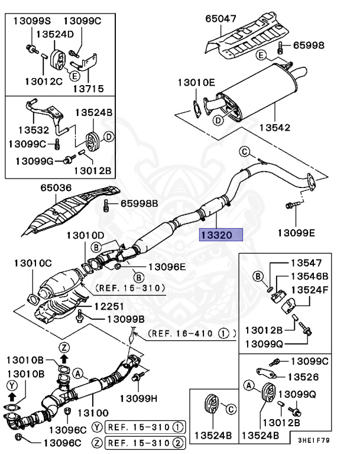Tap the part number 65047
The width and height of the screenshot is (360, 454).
pos(220,18)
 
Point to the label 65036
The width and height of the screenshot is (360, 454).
pos(56,188)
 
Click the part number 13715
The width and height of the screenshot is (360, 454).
pos(88,88)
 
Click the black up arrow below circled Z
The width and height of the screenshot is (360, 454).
pos(64,358)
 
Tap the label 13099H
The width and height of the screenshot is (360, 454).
pos(140,397)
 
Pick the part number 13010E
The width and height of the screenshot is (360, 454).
pos(194,84)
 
